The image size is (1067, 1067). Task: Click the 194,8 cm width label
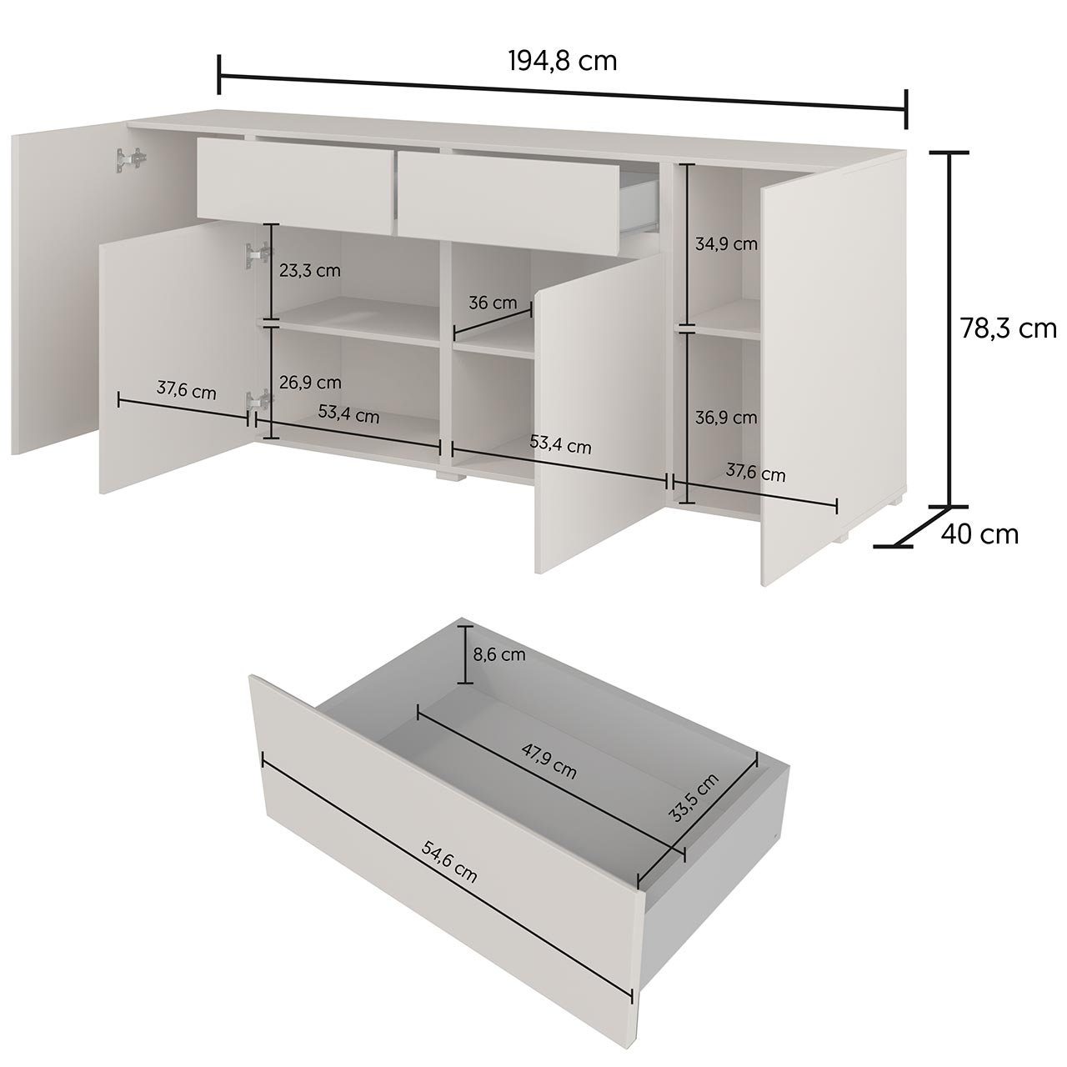tap(563, 62)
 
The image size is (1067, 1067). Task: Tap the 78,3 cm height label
tap(1009, 329)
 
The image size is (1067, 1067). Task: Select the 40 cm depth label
tap(979, 534)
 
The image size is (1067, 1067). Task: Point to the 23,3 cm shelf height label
tap(309, 271)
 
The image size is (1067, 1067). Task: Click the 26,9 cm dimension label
tap(310, 382)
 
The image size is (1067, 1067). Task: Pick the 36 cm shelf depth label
tap(493, 303)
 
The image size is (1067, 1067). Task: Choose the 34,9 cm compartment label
tap(726, 243)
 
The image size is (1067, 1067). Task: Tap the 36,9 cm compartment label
tap(726, 418)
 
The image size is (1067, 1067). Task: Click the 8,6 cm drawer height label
tap(498, 654)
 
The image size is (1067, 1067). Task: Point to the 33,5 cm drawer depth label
tap(694, 798)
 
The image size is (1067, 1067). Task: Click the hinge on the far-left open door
tap(131, 160)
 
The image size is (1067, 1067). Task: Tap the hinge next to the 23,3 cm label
tap(258, 254)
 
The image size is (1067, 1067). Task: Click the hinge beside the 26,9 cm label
tap(259, 401)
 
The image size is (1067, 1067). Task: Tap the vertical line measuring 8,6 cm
tap(465, 655)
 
